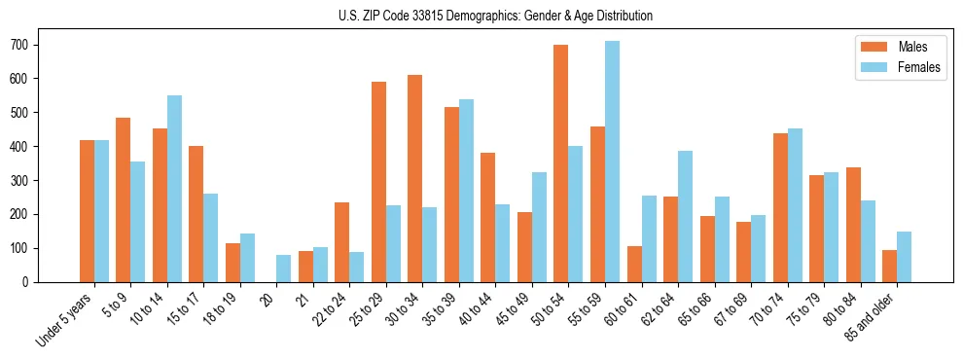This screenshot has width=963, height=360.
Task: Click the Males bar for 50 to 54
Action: pos(561,163)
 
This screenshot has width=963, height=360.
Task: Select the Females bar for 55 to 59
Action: pos(612,162)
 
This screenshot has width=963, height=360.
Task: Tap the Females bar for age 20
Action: pos(284,269)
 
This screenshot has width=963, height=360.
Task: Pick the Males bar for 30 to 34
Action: pos(415,178)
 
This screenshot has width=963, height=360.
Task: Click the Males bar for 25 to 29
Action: pos(378,182)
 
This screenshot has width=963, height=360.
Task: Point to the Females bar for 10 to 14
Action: pos(174,189)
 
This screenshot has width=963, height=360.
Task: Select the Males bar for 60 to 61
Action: pos(634,264)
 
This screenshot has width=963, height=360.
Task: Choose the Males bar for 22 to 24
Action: pos(342,242)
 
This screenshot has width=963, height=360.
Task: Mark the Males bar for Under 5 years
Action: pos(87,211)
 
